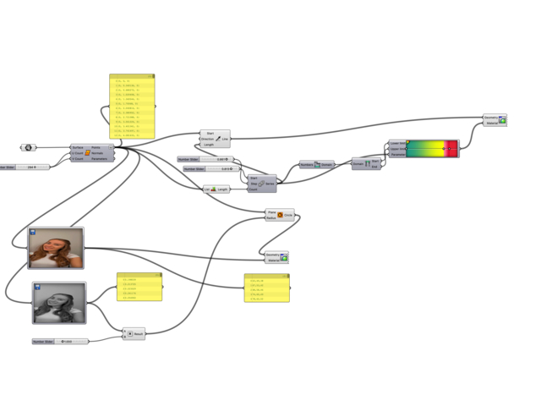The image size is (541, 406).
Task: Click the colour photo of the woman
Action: (x=56, y=248)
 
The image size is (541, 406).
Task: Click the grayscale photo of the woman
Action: (x=59, y=303)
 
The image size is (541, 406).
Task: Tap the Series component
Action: (x=261, y=184)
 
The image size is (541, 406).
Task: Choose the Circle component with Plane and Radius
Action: (x=280, y=215)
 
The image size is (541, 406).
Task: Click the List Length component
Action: (x=216, y=189)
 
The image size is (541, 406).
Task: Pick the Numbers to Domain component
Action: (x=317, y=165)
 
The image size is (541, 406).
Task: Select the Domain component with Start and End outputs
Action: (x=366, y=164)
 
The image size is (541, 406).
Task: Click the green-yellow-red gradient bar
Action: (x=432, y=149)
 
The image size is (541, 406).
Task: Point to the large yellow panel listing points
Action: (x=132, y=107)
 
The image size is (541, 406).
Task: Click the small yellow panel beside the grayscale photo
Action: (x=139, y=287)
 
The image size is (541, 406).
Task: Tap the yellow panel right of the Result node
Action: (x=266, y=288)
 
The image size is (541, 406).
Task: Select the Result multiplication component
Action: (x=134, y=334)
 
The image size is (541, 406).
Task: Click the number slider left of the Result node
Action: (x=60, y=342)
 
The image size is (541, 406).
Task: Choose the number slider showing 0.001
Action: (x=204, y=159)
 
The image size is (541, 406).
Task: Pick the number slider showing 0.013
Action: (x=211, y=169)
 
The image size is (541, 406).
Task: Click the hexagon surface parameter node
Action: (x=28, y=148)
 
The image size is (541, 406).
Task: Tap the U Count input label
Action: (x=77, y=153)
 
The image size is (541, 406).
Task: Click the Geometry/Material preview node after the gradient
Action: (x=495, y=120)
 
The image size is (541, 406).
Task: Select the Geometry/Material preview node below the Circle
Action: (x=276, y=257)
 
